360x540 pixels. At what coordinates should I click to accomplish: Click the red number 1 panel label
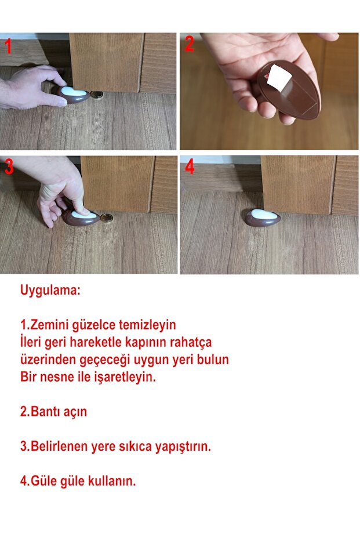tap(8, 46)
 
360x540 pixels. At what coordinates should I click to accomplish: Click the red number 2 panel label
tap(190, 45)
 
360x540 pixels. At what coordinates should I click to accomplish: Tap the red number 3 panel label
tap(9, 168)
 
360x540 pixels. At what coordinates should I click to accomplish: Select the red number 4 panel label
tap(190, 168)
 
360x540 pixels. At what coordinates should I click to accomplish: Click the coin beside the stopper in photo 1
tap(97, 95)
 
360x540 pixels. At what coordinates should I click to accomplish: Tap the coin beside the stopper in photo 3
tap(107, 218)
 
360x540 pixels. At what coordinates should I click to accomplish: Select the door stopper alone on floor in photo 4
tap(262, 218)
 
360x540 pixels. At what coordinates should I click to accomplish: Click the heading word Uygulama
tap(50, 291)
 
